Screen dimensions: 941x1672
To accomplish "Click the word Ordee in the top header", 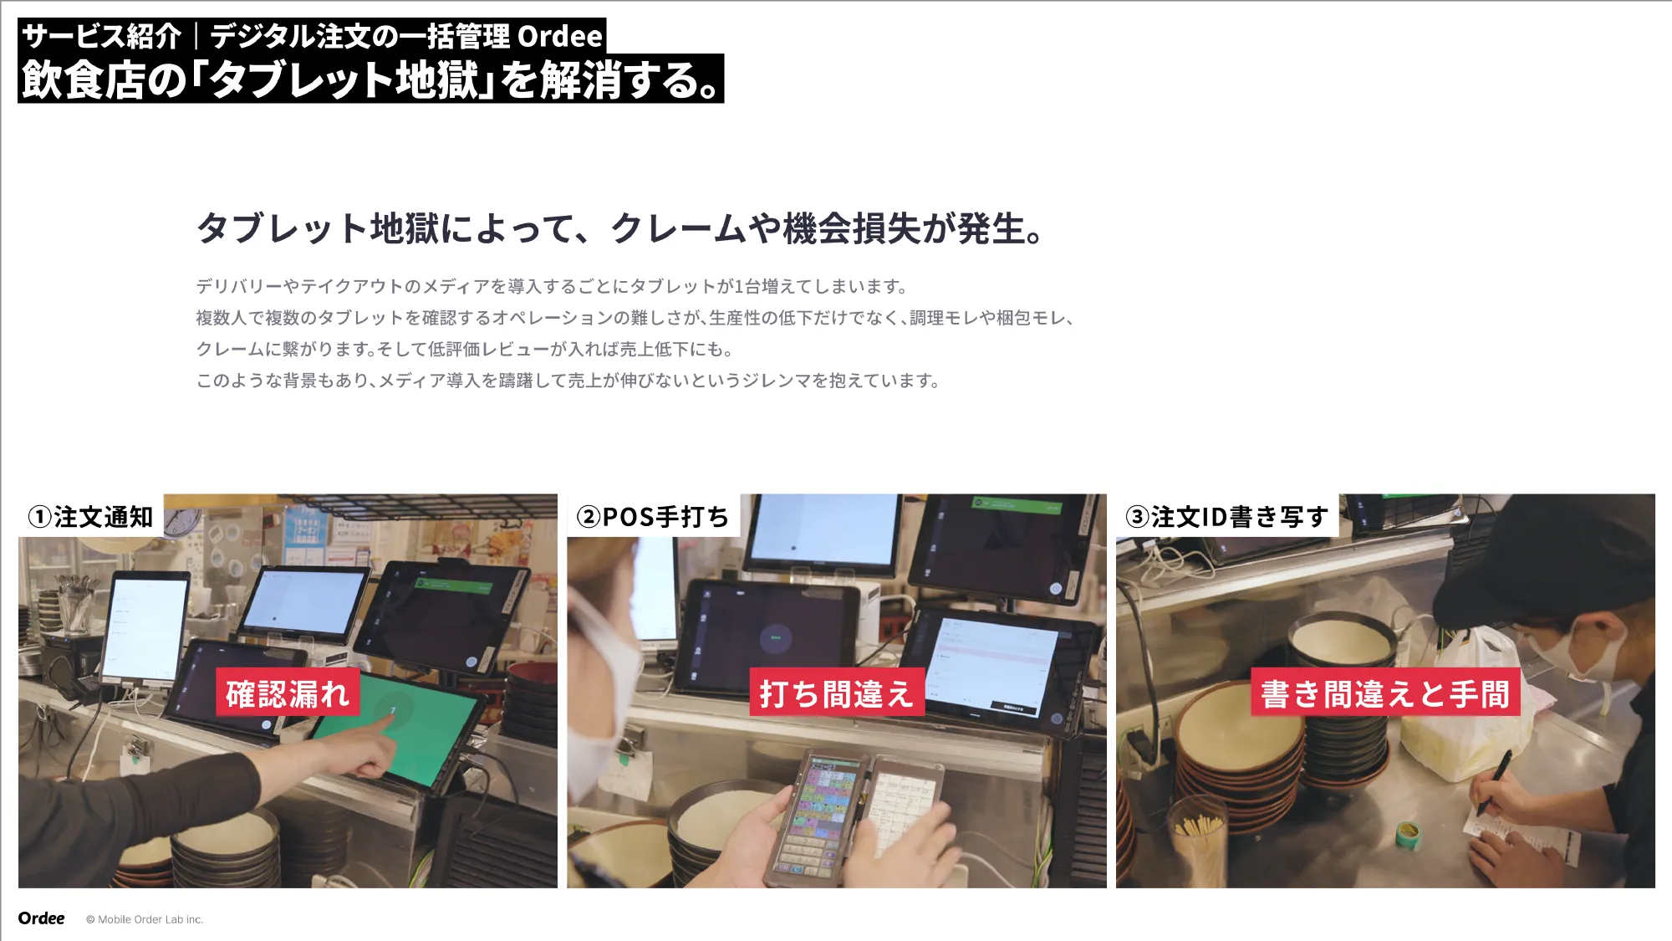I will [559, 36].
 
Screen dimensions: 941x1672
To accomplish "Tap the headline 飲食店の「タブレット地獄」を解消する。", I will [370, 79].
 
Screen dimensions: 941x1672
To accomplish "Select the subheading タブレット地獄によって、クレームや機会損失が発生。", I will [619, 228].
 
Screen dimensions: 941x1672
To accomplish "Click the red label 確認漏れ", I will [288, 693].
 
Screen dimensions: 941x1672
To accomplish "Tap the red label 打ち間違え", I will [836, 693].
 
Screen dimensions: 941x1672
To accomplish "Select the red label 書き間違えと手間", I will [1384, 693].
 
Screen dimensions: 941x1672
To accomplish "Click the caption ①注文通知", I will [90, 517].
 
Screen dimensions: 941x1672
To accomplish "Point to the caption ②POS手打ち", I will [652, 517].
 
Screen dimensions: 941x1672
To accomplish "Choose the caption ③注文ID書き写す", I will [1226, 517].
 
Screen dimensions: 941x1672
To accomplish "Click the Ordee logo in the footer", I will [41, 918].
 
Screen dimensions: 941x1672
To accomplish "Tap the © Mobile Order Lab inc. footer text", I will [145, 919].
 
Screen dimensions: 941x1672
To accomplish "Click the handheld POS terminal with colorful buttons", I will [819, 816].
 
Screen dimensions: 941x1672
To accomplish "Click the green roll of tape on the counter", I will [1408, 832].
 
